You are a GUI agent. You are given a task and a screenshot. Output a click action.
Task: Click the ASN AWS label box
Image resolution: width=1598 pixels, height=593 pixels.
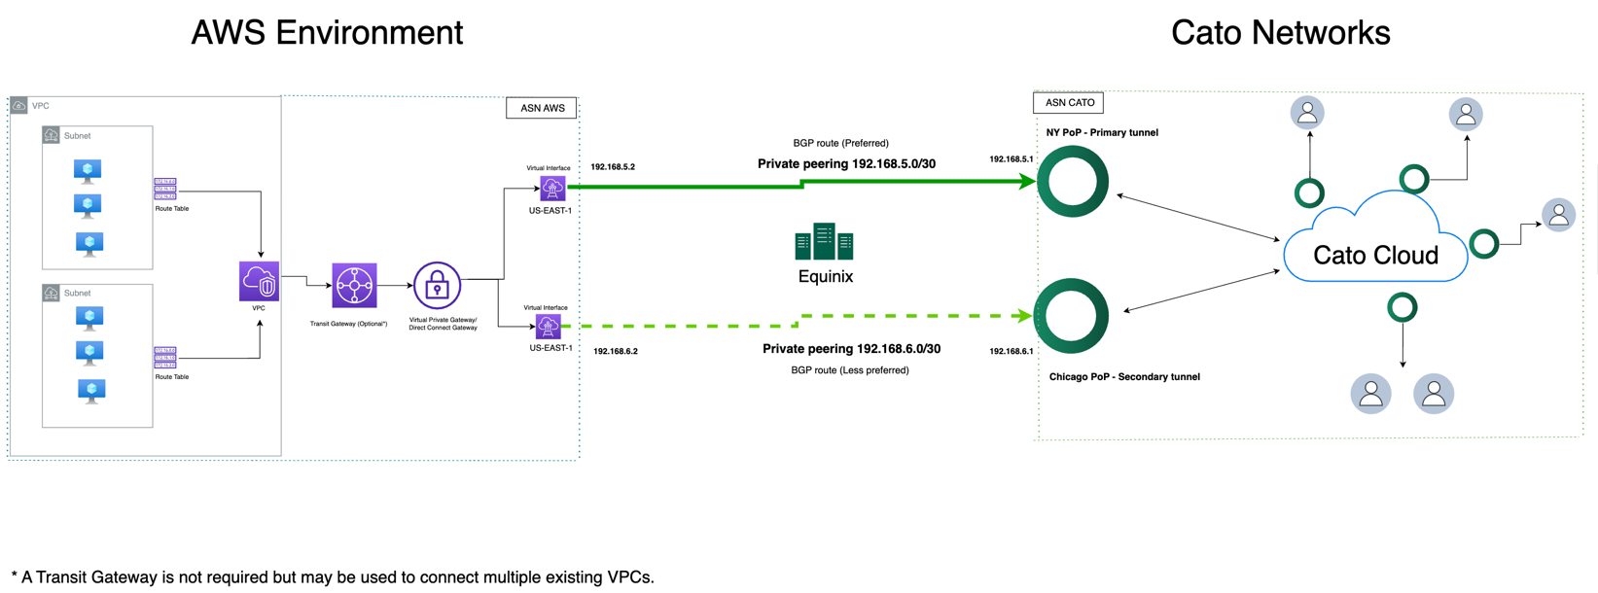pyautogui.click(x=542, y=108)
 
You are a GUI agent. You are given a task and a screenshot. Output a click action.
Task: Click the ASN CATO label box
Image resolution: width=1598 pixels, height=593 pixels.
pyautogui.click(x=1068, y=102)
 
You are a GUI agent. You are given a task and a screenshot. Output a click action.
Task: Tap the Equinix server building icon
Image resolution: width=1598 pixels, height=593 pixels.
pyautogui.click(x=824, y=243)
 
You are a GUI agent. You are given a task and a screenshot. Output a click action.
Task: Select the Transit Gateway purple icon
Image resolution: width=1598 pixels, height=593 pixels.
pyautogui.click(x=354, y=286)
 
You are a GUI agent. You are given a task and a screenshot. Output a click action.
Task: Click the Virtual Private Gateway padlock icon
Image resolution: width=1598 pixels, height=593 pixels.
pyautogui.click(x=437, y=286)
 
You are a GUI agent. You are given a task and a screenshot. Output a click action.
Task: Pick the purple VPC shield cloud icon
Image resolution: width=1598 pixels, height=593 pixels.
pyautogui.click(x=259, y=282)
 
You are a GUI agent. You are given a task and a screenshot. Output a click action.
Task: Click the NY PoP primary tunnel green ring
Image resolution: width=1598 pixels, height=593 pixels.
pyautogui.click(x=1073, y=181)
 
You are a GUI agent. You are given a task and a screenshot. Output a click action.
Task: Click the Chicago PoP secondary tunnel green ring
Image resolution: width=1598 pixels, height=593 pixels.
pyautogui.click(x=1072, y=316)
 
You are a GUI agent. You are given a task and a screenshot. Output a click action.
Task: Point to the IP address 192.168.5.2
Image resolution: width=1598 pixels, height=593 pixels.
pyautogui.click(x=613, y=167)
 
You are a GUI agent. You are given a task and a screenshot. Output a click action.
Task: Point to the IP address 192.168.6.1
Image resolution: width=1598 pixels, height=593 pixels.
pyautogui.click(x=1012, y=351)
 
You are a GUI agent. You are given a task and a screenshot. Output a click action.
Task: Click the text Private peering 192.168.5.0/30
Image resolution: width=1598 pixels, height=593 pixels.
pyautogui.click(x=846, y=164)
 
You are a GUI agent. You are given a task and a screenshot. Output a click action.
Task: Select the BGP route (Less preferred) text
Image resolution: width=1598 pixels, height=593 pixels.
pyautogui.click(x=850, y=370)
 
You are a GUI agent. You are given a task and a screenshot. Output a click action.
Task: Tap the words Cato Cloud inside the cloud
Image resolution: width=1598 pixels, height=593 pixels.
pyautogui.click(x=1375, y=256)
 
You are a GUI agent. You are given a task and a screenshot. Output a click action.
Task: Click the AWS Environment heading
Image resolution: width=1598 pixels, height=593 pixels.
pyautogui.click(x=327, y=32)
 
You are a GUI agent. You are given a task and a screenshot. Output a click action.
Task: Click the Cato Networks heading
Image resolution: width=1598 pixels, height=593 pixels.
pyautogui.click(x=1280, y=32)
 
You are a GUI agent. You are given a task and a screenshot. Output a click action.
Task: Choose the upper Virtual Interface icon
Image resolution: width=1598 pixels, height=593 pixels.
pyautogui.click(x=552, y=188)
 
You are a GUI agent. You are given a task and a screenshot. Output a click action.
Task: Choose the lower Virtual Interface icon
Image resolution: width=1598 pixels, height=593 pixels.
pyautogui.click(x=549, y=326)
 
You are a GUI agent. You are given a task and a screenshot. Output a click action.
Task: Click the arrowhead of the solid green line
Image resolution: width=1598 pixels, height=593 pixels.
pyautogui.click(x=1027, y=181)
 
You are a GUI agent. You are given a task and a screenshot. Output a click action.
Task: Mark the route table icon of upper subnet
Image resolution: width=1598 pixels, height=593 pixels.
pyautogui.click(x=165, y=189)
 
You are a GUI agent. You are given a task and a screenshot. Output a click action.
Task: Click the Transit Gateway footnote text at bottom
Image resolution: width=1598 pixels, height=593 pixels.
pyautogui.click(x=333, y=576)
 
